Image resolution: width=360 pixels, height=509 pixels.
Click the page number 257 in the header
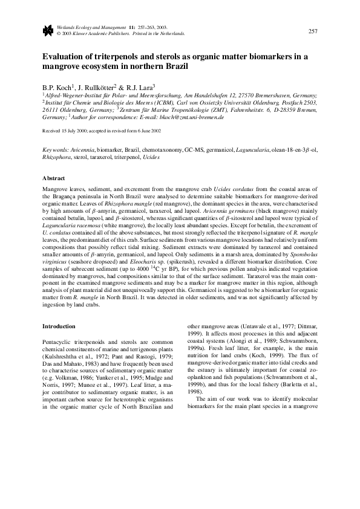313,31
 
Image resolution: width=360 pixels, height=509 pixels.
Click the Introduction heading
58,326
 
